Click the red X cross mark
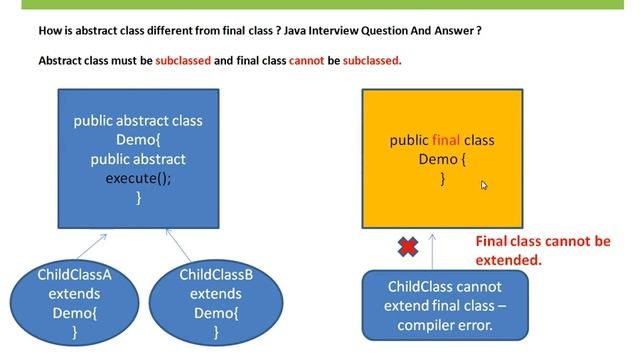(x=408, y=246)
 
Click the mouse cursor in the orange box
(x=484, y=185)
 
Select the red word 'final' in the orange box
(x=446, y=140)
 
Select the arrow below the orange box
(x=432, y=249)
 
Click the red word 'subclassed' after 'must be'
(x=183, y=60)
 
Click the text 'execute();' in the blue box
(x=138, y=178)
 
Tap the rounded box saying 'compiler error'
(x=442, y=305)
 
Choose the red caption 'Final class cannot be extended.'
(x=541, y=250)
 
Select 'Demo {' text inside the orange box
(x=442, y=159)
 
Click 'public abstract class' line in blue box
(x=138, y=121)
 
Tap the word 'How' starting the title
(x=50, y=30)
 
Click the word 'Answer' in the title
(x=456, y=30)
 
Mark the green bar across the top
(x=320, y=4)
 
